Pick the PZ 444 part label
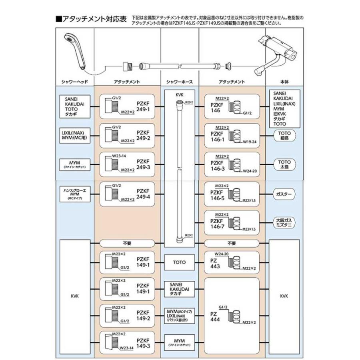pos(215,318)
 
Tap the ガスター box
pos(284,194)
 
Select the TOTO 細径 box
pos(284,134)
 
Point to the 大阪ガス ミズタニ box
pos(284,223)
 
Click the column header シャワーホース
pos(180,82)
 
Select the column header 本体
pos(284,82)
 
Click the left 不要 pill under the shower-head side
pos(127,243)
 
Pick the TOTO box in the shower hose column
pos(180,262)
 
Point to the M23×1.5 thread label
pos(248,229)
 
